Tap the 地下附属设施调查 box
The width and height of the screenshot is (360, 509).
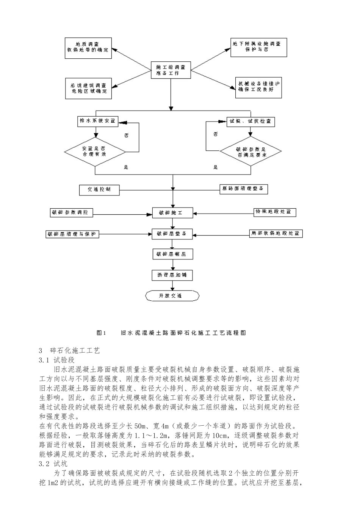[258, 47]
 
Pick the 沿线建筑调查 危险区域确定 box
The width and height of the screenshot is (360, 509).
[88, 88]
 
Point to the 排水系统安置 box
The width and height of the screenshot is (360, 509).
[96, 122]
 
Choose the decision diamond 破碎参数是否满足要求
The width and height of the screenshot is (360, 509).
[251, 152]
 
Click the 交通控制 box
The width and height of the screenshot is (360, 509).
[100, 190]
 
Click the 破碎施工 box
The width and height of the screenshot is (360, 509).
[172, 213]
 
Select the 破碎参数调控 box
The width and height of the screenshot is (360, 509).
[71, 212]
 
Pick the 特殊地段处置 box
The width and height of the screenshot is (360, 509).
[275, 212]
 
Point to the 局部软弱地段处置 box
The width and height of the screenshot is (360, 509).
[276, 233]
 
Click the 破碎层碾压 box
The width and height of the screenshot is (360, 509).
[172, 254]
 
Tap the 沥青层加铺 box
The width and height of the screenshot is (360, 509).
[172, 275]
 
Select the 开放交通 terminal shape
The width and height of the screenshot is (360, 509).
[172, 295]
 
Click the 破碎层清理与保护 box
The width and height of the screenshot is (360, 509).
[72, 234]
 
